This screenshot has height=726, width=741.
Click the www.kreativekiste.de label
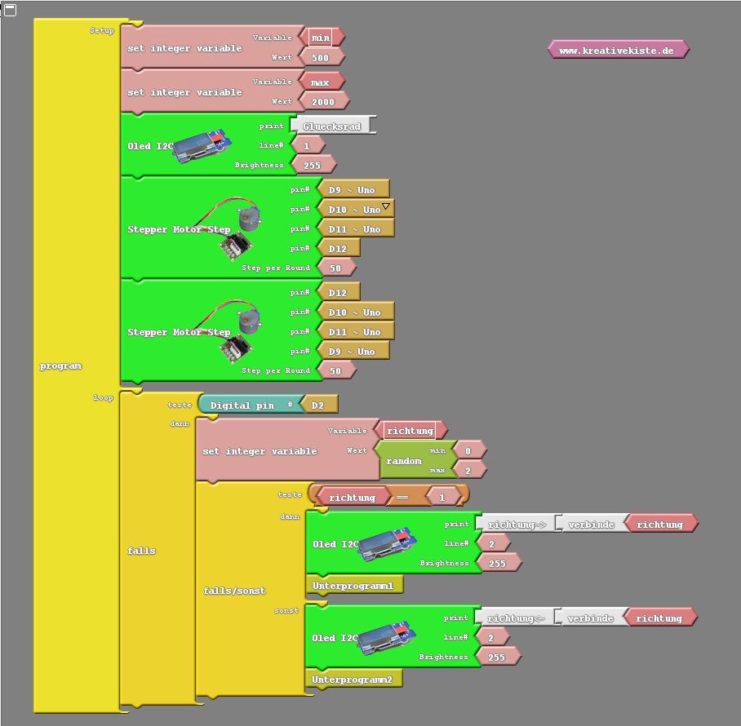tap(617, 51)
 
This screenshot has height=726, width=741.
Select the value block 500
tap(320, 57)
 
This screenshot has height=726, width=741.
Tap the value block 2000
tap(323, 102)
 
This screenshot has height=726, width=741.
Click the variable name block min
tap(320, 38)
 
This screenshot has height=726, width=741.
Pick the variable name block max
tap(320, 82)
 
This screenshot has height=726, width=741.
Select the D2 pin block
tap(319, 405)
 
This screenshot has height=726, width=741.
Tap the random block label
tap(403, 461)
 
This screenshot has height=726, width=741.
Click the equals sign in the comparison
tap(402, 498)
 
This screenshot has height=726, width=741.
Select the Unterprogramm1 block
tap(353, 586)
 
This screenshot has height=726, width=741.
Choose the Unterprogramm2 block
tap(353, 680)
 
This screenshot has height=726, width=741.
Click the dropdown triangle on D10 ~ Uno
tap(386, 206)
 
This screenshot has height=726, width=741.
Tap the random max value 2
tap(468, 471)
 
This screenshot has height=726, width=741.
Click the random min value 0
tap(468, 451)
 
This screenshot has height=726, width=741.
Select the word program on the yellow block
tap(60, 366)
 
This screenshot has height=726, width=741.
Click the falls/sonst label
tap(233, 591)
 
